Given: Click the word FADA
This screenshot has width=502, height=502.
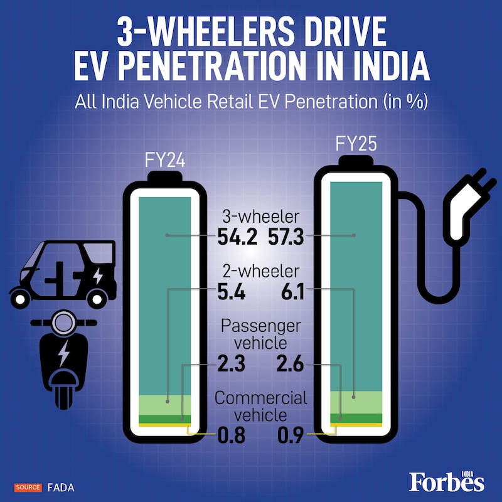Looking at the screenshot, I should (58, 487).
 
